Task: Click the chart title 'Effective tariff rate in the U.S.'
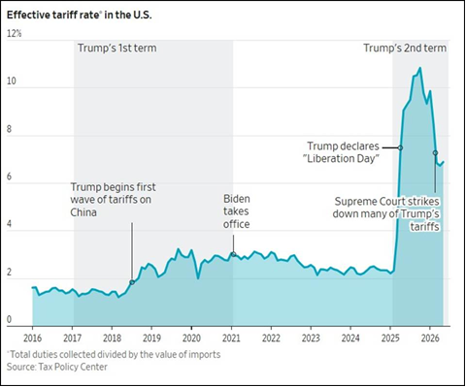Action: pyautogui.click(x=79, y=16)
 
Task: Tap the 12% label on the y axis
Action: pyautogui.click(x=14, y=33)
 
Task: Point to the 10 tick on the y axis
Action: pyautogui.click(x=11, y=81)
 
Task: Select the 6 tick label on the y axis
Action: pyautogui.click(x=9, y=177)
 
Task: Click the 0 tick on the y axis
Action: pyautogui.click(x=9, y=319)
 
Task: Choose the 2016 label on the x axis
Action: pyautogui.click(x=32, y=339)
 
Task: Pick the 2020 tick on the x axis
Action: pyautogui.click(x=191, y=339)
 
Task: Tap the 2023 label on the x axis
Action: pyautogui.click(x=311, y=339)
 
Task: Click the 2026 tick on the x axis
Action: pyautogui.click(x=430, y=339)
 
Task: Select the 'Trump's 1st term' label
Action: pyautogui.click(x=116, y=48)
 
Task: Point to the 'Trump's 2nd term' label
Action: pyautogui.click(x=405, y=48)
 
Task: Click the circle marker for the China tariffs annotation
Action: pyautogui.click(x=132, y=282)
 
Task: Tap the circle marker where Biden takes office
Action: pyautogui.click(x=233, y=254)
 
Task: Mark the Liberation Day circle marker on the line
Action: pyautogui.click(x=400, y=147)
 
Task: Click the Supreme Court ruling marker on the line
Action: pyautogui.click(x=435, y=152)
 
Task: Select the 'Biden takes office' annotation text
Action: pyautogui.click(x=236, y=211)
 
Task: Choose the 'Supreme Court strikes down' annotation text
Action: pyautogui.click(x=386, y=214)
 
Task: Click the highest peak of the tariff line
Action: pyautogui.click(x=420, y=68)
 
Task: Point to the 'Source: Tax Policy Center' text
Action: pyautogui.click(x=57, y=367)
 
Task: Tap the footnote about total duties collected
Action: pyautogui.click(x=114, y=354)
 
